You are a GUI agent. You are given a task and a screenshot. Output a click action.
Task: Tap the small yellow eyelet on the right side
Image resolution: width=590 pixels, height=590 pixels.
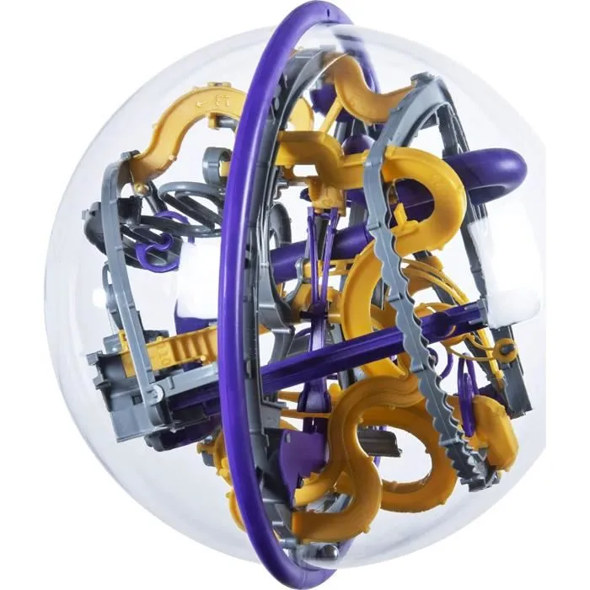click(504, 346)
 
